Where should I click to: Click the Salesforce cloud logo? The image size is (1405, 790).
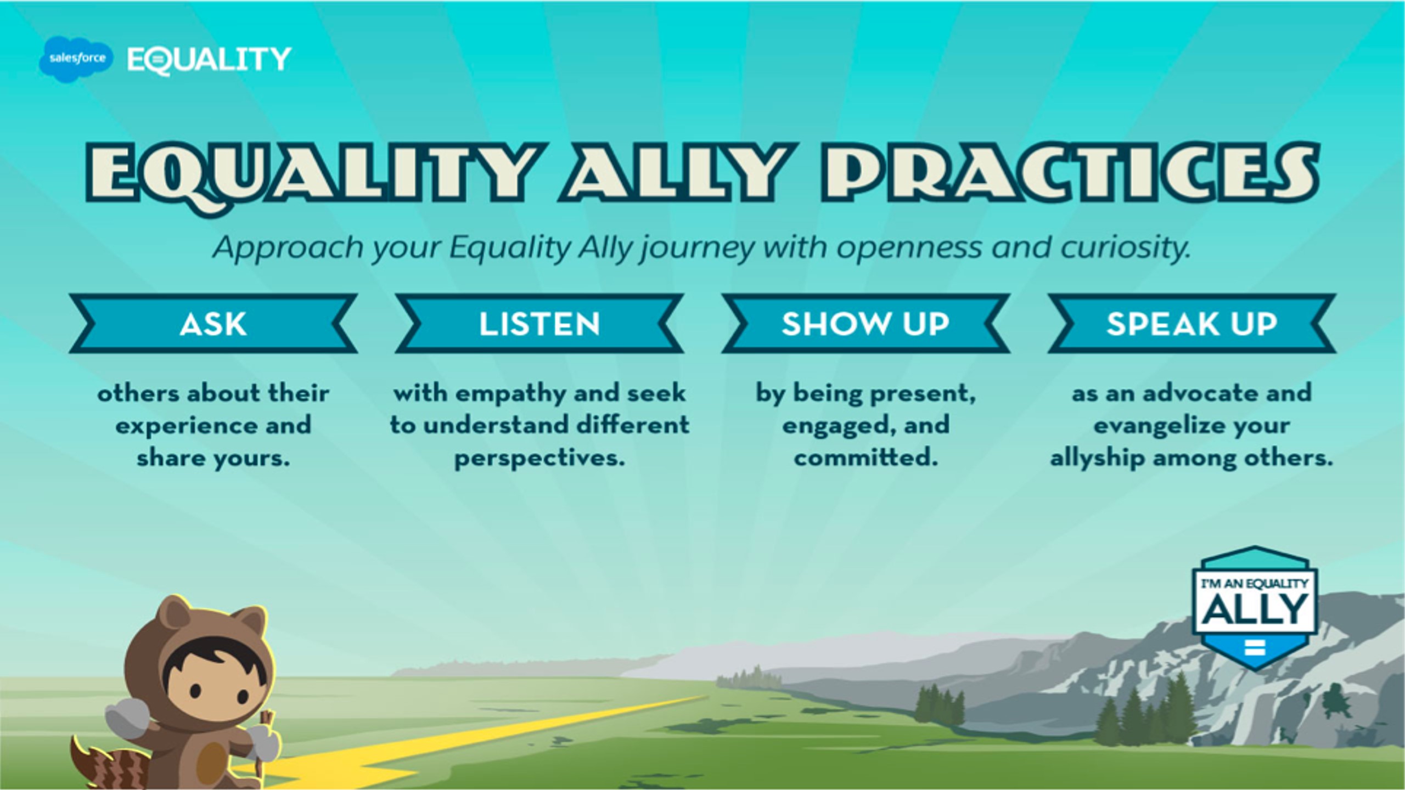click(x=76, y=59)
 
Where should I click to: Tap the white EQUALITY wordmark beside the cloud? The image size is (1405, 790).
click(x=209, y=60)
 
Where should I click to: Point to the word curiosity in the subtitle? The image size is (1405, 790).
click(x=1125, y=248)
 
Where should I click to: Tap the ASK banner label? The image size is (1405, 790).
click(x=213, y=324)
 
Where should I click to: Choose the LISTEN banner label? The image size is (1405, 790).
click(x=539, y=324)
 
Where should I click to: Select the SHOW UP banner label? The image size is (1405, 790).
click(x=866, y=324)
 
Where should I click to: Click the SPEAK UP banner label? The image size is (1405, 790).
click(x=1192, y=324)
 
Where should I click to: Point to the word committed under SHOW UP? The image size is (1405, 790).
click(x=866, y=457)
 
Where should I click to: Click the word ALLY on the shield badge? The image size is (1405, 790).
click(x=1256, y=609)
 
